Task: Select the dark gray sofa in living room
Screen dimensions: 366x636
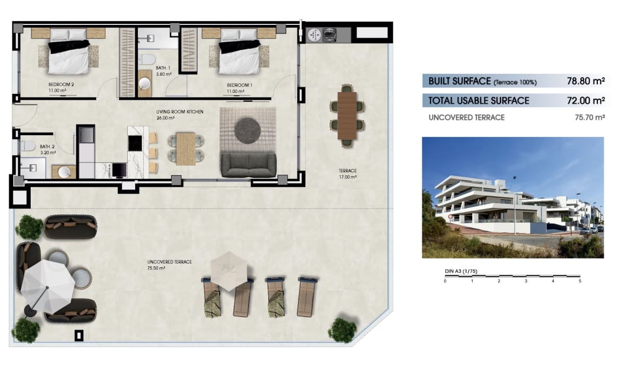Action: click(249, 164)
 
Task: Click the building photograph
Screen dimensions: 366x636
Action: click(513, 197)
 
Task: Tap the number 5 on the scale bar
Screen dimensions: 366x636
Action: click(580, 281)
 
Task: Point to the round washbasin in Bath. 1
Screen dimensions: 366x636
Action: click(145, 84)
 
